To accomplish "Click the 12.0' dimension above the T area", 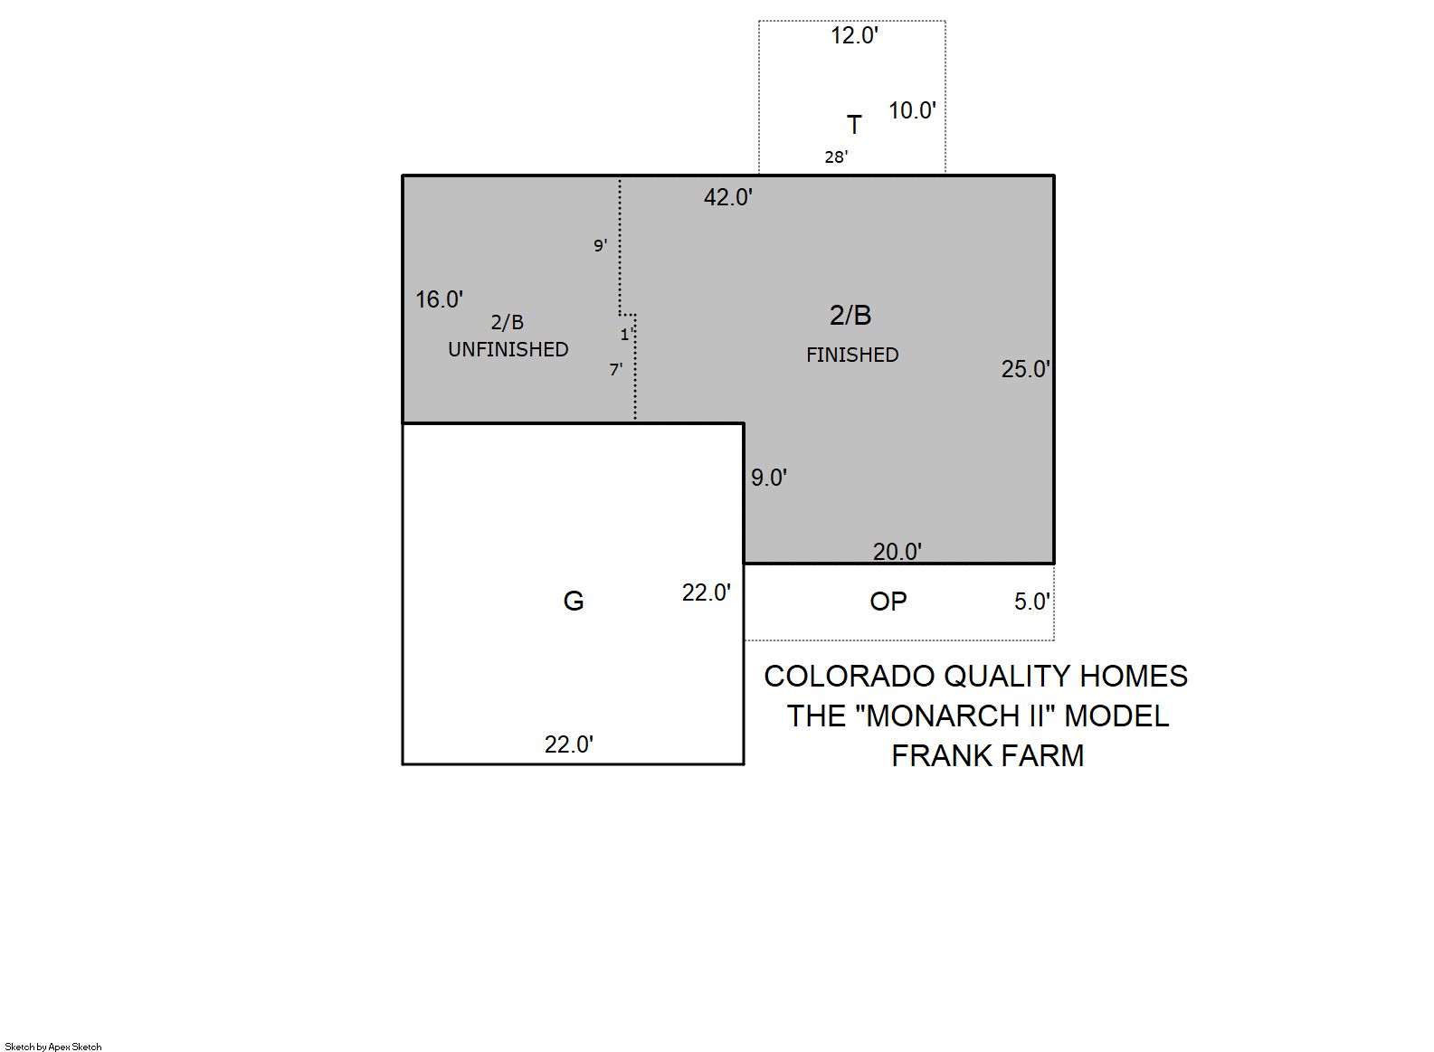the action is [854, 36].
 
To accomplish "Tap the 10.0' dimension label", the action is [912, 110].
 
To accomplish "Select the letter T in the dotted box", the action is [854, 125].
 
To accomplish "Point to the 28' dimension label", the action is [836, 156].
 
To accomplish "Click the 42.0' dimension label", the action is [728, 197].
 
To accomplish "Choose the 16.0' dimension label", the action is [439, 299].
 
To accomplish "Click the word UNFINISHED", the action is [508, 349].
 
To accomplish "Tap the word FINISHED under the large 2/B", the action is [852, 355].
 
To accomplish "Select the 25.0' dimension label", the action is [1026, 369].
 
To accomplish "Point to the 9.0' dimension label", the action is [769, 478].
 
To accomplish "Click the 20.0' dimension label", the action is [897, 551].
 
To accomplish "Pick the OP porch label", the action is [888, 602].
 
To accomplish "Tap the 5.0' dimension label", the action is [1032, 602].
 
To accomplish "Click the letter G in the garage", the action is [573, 601].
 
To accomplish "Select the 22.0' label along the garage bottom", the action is [569, 744].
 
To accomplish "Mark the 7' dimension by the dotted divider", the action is [616, 369].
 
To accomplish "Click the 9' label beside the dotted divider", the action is [600, 245].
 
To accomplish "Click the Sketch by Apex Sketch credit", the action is [53, 1047].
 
